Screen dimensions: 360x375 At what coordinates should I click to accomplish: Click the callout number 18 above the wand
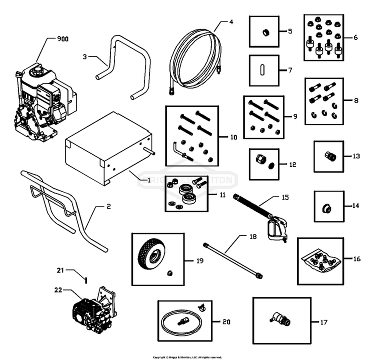coord(238,235)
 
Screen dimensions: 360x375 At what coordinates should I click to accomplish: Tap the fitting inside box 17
coord(279,318)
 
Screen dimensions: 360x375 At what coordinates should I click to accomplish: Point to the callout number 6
coord(356,37)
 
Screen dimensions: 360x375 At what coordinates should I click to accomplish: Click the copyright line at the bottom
coord(187,357)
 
